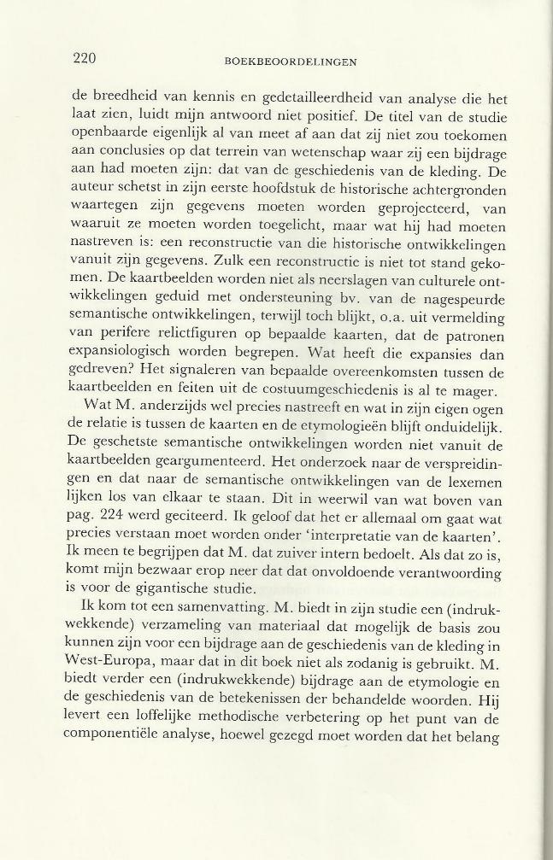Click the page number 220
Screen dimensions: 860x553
pos(84,58)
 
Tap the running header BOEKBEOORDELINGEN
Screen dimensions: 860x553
pos(290,61)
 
